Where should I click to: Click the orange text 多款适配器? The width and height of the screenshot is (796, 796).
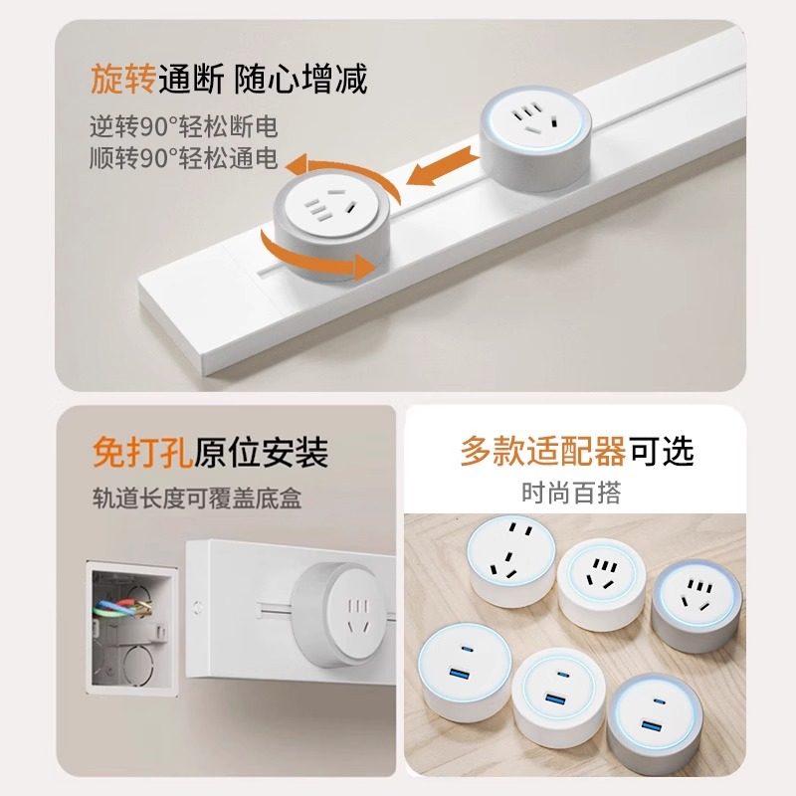coord(542,452)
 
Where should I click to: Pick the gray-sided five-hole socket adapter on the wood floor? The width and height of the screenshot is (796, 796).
coord(696,601)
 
